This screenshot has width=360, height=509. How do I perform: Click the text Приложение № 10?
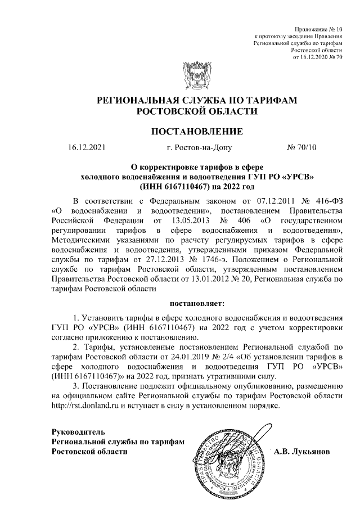(318, 28)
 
